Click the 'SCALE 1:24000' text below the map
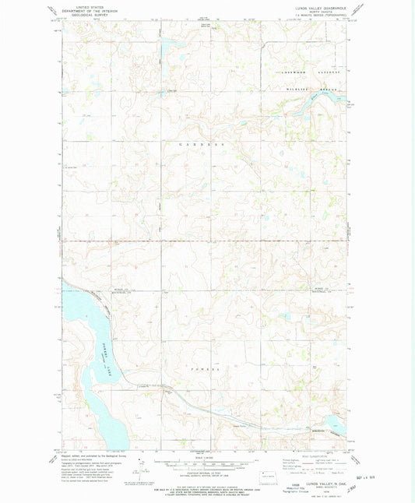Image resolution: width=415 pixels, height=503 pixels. point(206,458)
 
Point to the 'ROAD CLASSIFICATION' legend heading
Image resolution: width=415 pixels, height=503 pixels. point(322,458)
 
